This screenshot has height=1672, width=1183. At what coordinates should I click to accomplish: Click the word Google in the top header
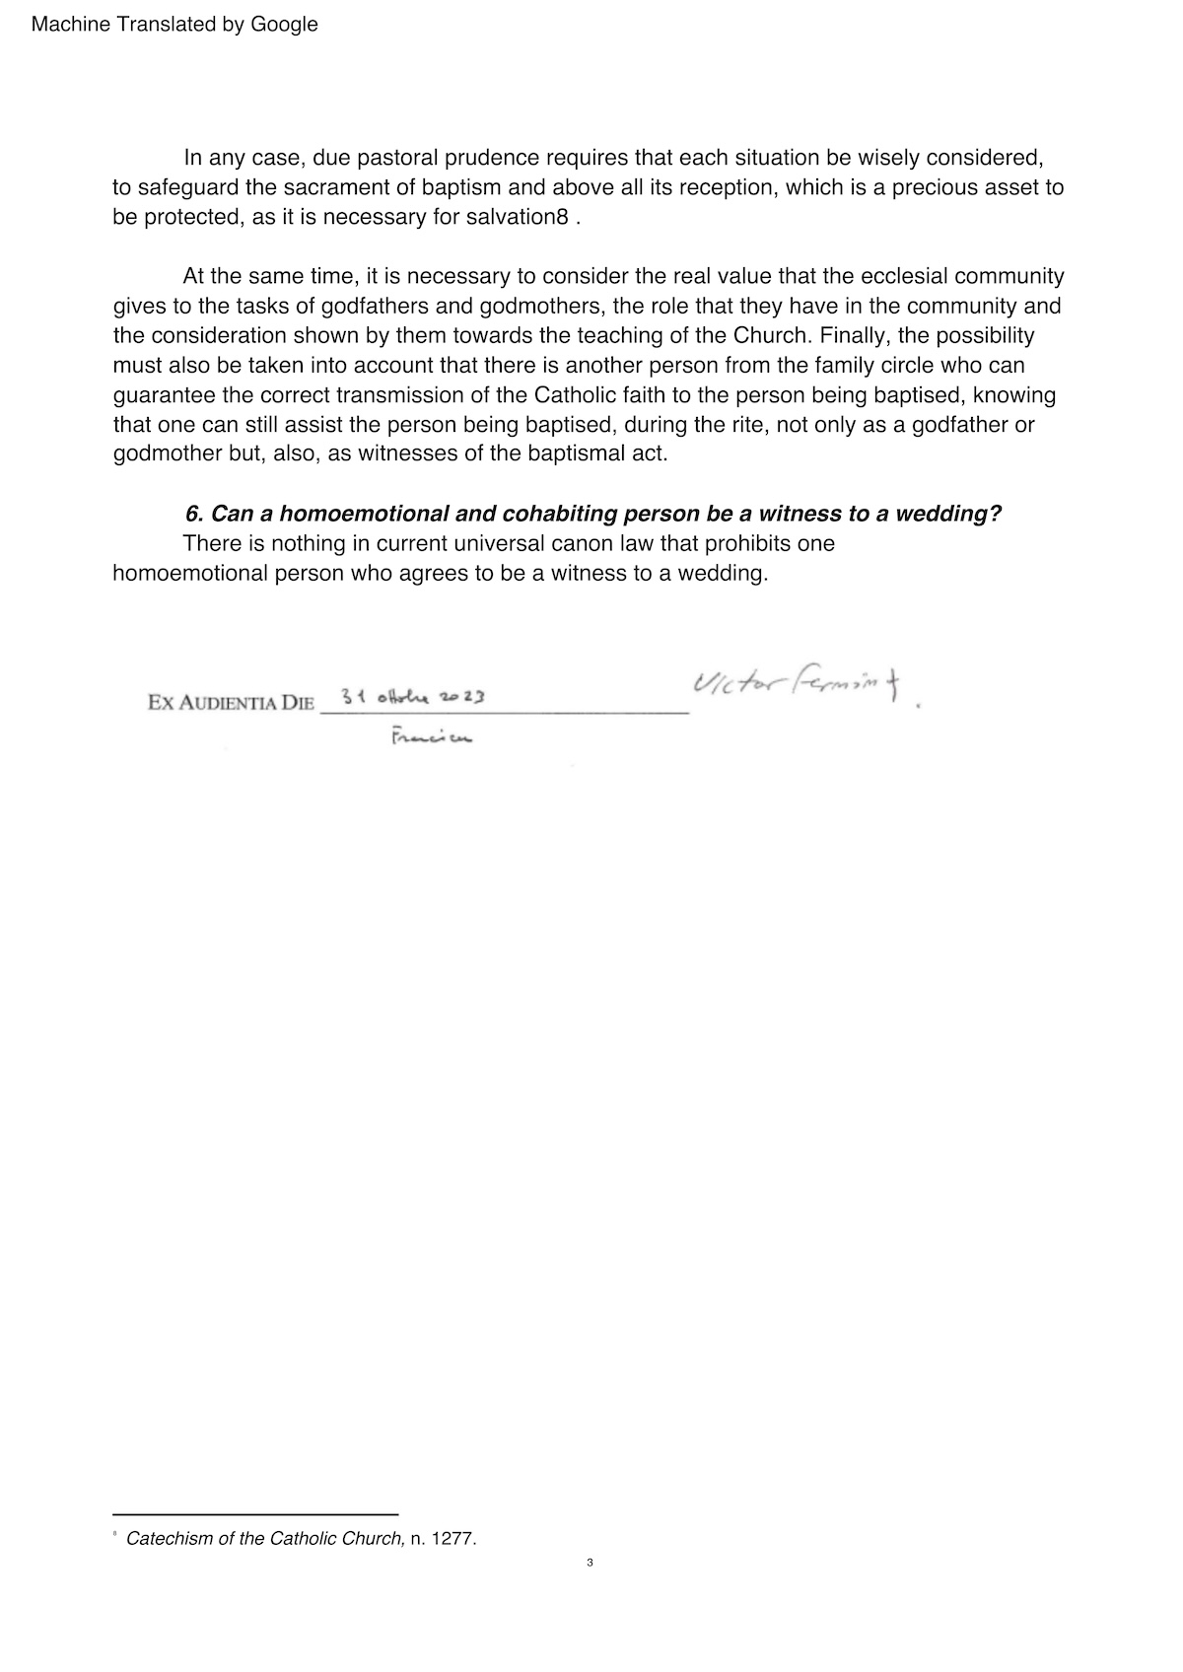[x=284, y=25]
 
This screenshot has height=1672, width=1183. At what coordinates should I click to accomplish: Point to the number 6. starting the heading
[x=194, y=514]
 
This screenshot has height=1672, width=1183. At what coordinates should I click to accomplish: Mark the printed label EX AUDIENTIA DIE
[x=231, y=703]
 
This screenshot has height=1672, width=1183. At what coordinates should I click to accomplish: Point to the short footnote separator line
[x=255, y=1513]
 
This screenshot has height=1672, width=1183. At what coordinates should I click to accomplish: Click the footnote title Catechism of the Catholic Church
[x=265, y=1538]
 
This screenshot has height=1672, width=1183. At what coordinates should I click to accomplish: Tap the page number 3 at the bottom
[x=590, y=1563]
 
